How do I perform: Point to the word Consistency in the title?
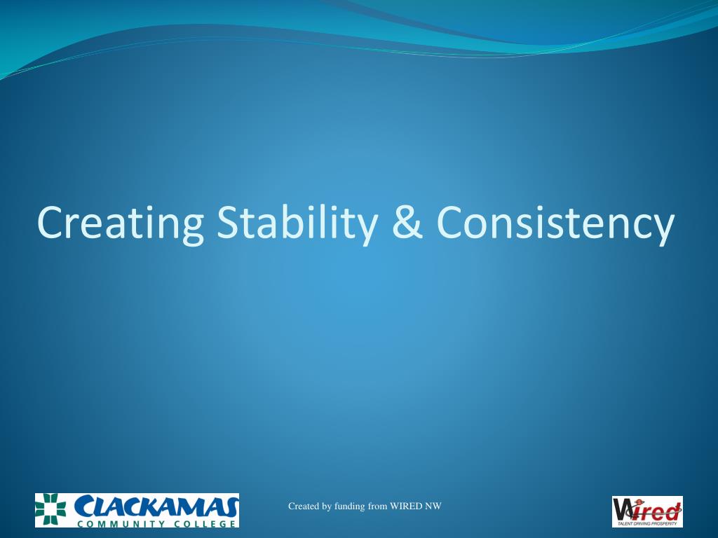555,222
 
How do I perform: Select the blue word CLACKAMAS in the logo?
156,506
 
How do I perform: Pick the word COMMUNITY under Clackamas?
117,523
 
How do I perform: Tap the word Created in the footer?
303,506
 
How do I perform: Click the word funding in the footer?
350,506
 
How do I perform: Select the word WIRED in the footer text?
405,506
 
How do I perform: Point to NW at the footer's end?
433,506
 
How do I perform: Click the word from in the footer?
378,506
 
